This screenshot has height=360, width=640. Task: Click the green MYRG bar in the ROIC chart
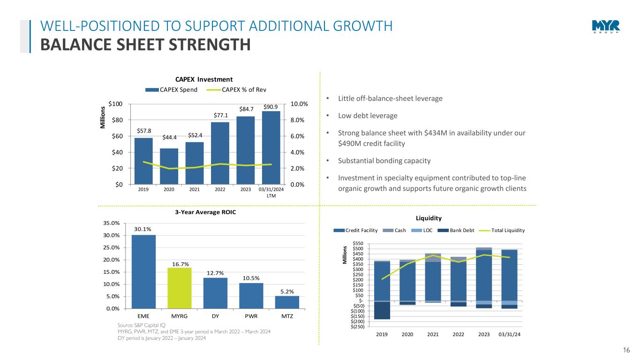(x=179, y=288)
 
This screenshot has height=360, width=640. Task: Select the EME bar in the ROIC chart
(x=143, y=271)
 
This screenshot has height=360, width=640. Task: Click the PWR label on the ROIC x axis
(x=251, y=316)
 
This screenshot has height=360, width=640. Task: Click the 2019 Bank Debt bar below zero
(x=382, y=311)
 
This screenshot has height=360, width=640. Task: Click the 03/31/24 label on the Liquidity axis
(x=509, y=334)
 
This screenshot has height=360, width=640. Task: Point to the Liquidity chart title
(x=429, y=218)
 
